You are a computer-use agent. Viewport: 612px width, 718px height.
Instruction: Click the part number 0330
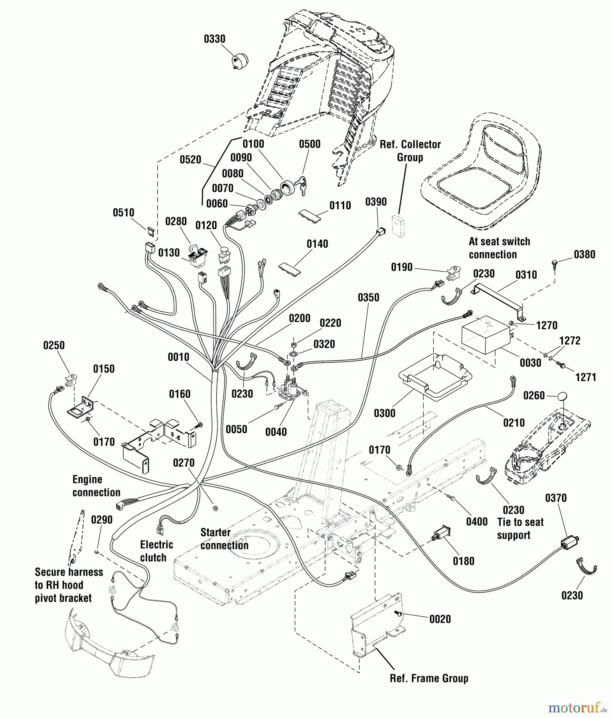(x=215, y=39)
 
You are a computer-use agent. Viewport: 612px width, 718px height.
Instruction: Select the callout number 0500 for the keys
(x=310, y=144)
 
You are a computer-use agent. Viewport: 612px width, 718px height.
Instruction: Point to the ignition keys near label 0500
(x=301, y=185)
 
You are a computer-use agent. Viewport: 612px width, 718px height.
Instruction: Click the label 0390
(x=376, y=202)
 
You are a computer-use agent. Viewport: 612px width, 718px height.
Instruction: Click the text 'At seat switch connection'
(x=499, y=248)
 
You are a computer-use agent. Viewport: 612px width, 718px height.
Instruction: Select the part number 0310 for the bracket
(x=526, y=275)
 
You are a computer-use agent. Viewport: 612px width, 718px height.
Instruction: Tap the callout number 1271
(x=586, y=377)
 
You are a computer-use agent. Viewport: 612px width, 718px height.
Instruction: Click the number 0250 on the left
(x=54, y=345)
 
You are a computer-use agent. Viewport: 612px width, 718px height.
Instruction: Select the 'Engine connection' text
(x=96, y=486)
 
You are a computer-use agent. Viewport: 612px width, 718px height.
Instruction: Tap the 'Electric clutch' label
(x=156, y=551)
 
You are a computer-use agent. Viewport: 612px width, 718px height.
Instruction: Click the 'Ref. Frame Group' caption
(x=429, y=679)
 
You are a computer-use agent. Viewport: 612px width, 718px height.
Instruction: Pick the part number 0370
(x=556, y=498)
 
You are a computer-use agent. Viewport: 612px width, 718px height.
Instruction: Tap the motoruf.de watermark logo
(x=578, y=708)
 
